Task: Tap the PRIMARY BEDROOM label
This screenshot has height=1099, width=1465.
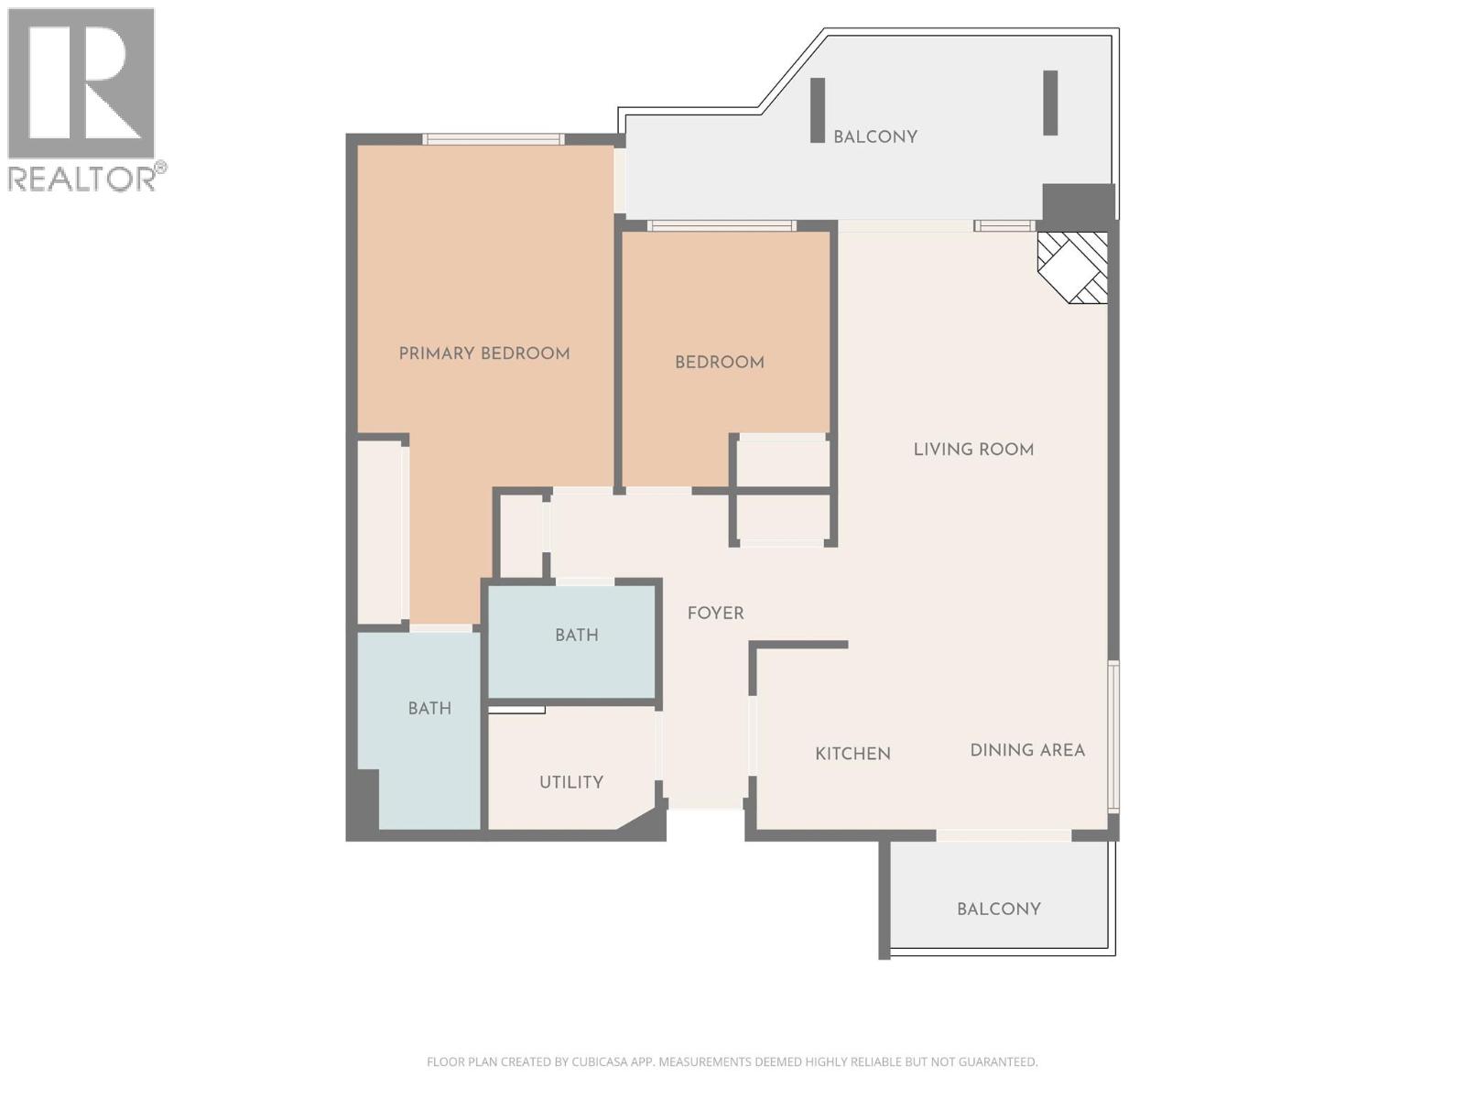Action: tap(484, 354)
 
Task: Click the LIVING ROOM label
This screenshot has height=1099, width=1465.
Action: tap(973, 450)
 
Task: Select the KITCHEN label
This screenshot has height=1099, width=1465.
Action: tap(852, 754)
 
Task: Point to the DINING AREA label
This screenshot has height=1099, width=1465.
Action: tap(1027, 750)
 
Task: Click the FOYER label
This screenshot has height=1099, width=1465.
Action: tap(715, 614)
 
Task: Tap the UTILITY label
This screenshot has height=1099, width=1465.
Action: tap(570, 782)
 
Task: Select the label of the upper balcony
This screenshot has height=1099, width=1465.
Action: tap(874, 136)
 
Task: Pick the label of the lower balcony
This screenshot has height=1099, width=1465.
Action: tap(998, 909)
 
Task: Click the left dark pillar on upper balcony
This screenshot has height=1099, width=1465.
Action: tap(818, 110)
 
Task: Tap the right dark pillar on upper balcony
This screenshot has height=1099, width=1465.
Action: tap(1050, 103)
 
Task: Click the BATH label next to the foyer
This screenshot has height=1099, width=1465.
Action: tap(576, 635)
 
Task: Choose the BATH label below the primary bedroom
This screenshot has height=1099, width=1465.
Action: tap(429, 708)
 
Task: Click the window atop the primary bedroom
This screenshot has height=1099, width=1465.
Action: tap(493, 139)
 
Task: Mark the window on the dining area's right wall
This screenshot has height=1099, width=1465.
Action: tap(1113, 736)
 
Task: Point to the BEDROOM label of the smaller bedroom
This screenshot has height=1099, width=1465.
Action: tap(719, 363)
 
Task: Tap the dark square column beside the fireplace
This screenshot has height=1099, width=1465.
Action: tap(1078, 202)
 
